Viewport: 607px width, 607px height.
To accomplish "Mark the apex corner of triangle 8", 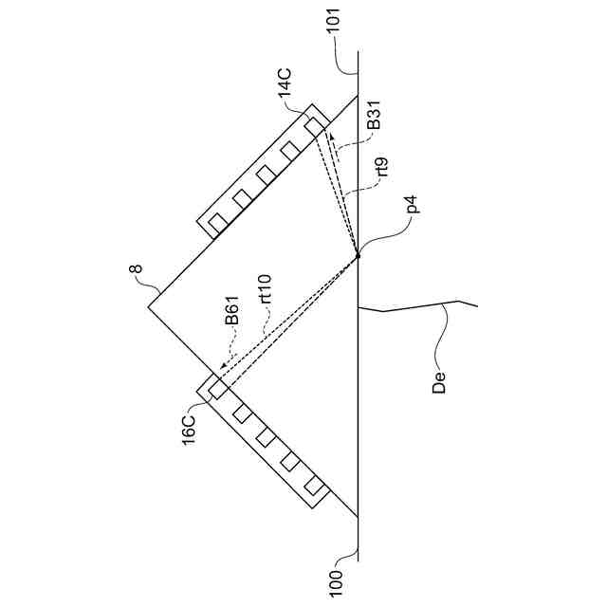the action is point(149,305).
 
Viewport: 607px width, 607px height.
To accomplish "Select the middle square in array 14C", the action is point(266,174).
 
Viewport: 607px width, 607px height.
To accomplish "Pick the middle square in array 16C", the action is point(266,437).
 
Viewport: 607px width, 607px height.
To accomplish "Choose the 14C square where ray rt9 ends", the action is point(314,125).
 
